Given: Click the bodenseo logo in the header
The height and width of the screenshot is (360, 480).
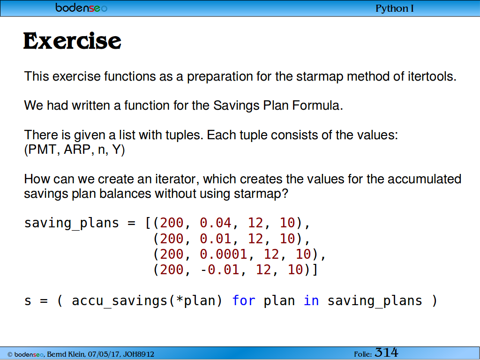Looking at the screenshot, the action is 82,7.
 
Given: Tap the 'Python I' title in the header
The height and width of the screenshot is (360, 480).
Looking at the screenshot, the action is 395,8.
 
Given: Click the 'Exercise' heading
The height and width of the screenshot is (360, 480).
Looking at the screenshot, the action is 72,41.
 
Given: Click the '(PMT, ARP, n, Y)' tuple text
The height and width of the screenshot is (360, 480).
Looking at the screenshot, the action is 75,150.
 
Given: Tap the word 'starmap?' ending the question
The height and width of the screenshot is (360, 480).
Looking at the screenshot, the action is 261,194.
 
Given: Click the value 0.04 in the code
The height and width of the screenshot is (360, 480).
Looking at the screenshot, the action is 216,223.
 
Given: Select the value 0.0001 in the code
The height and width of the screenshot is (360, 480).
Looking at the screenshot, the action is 224,254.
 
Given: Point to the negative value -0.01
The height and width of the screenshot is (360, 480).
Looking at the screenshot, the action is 220,270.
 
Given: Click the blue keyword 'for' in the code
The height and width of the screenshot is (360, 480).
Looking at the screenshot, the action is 244,300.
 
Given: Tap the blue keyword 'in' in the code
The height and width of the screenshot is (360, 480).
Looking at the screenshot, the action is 311,300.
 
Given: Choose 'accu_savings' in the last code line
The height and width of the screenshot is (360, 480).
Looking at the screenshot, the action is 120,301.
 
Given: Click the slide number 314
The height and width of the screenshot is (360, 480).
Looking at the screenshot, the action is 386,352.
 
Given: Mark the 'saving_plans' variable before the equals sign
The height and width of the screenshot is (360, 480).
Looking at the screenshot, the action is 72,223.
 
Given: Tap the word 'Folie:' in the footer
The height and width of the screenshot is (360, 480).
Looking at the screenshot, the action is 363,354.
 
